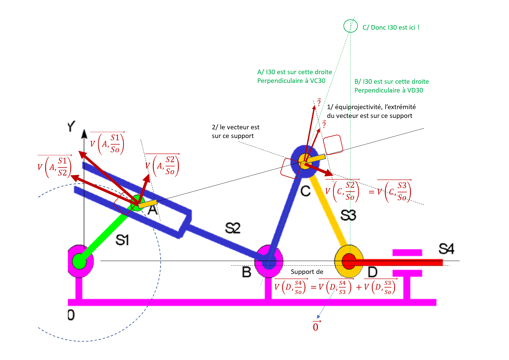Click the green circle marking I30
click(x=351, y=26)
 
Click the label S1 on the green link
click(x=122, y=240)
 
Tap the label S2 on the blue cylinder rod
click(x=233, y=228)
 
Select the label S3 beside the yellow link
click(x=348, y=215)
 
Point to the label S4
click(x=446, y=249)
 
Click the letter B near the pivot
click(x=246, y=272)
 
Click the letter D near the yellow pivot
click(x=372, y=272)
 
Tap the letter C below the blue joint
click(x=305, y=191)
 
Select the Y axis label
click(x=71, y=126)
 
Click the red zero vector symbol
click(x=316, y=326)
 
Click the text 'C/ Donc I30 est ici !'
click(x=391, y=28)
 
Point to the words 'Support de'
click(x=307, y=272)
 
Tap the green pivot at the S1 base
click(x=79, y=260)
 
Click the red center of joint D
click(x=349, y=261)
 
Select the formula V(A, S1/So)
click(x=107, y=143)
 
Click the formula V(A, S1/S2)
click(x=54, y=167)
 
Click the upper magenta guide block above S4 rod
click(x=407, y=253)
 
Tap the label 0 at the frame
click(x=71, y=315)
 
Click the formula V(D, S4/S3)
click(x=335, y=287)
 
